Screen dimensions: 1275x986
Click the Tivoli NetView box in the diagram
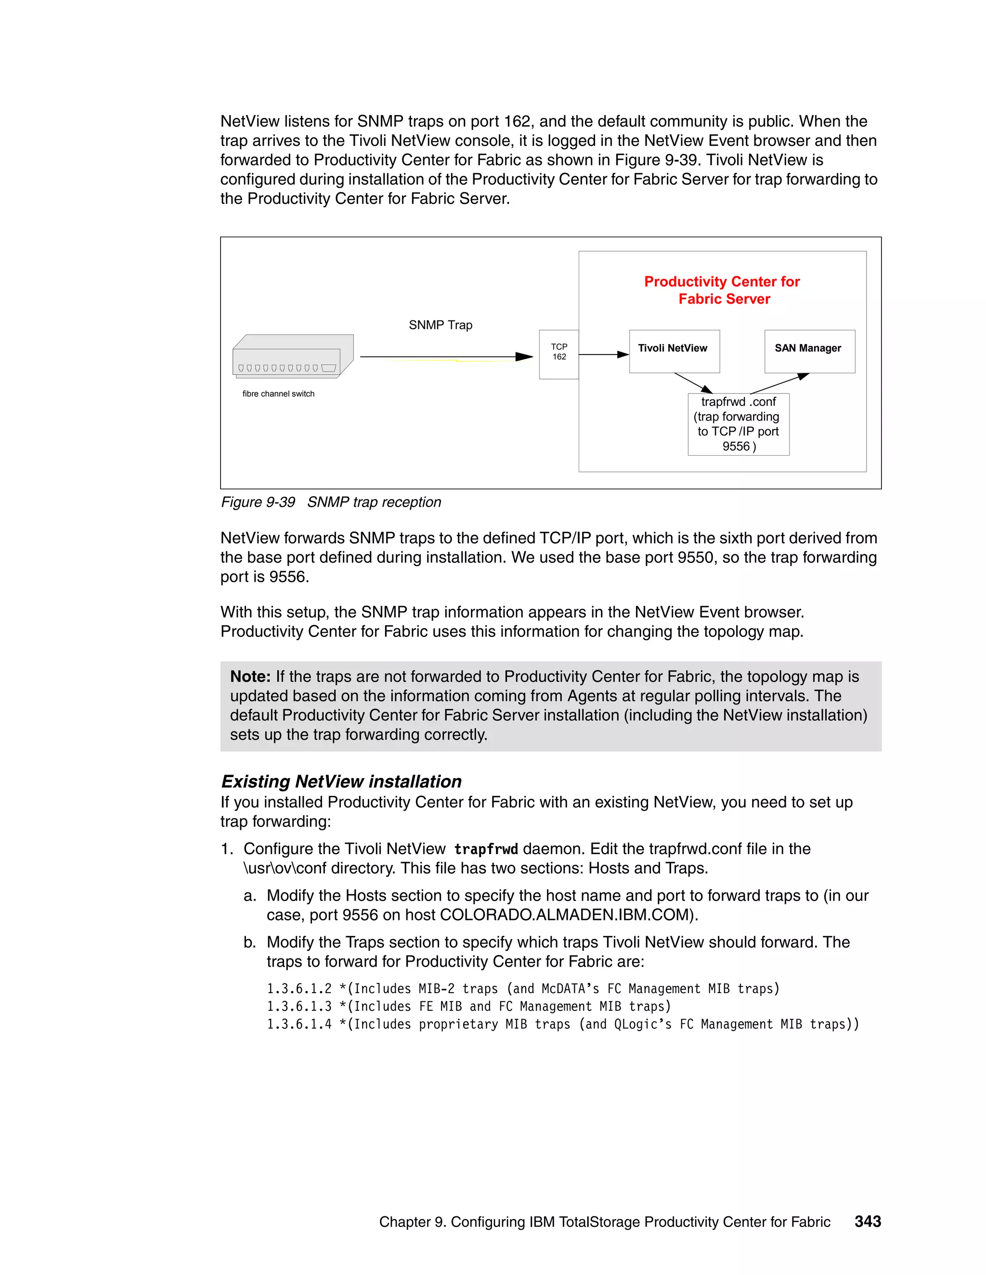(674, 351)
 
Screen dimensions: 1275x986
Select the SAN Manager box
(809, 351)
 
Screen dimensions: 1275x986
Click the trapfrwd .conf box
(739, 424)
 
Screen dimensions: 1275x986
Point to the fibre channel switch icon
(293, 356)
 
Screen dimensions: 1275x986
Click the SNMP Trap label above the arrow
(441, 325)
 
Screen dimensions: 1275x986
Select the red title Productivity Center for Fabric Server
(723, 290)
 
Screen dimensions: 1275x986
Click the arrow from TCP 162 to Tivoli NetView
(603, 355)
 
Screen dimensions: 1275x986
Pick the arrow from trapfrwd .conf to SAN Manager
(779, 383)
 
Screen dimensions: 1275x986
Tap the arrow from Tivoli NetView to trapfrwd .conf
(693, 383)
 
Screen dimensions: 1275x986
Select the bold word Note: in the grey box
(250, 676)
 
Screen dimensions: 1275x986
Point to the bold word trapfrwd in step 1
(486, 849)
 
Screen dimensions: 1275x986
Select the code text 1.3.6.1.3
(299, 1007)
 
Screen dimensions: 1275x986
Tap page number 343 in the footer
(868, 1221)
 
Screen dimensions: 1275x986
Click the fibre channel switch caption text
(278, 394)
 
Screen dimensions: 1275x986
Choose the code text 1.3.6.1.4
(299, 1024)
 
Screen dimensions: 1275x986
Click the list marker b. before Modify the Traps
(250, 942)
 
